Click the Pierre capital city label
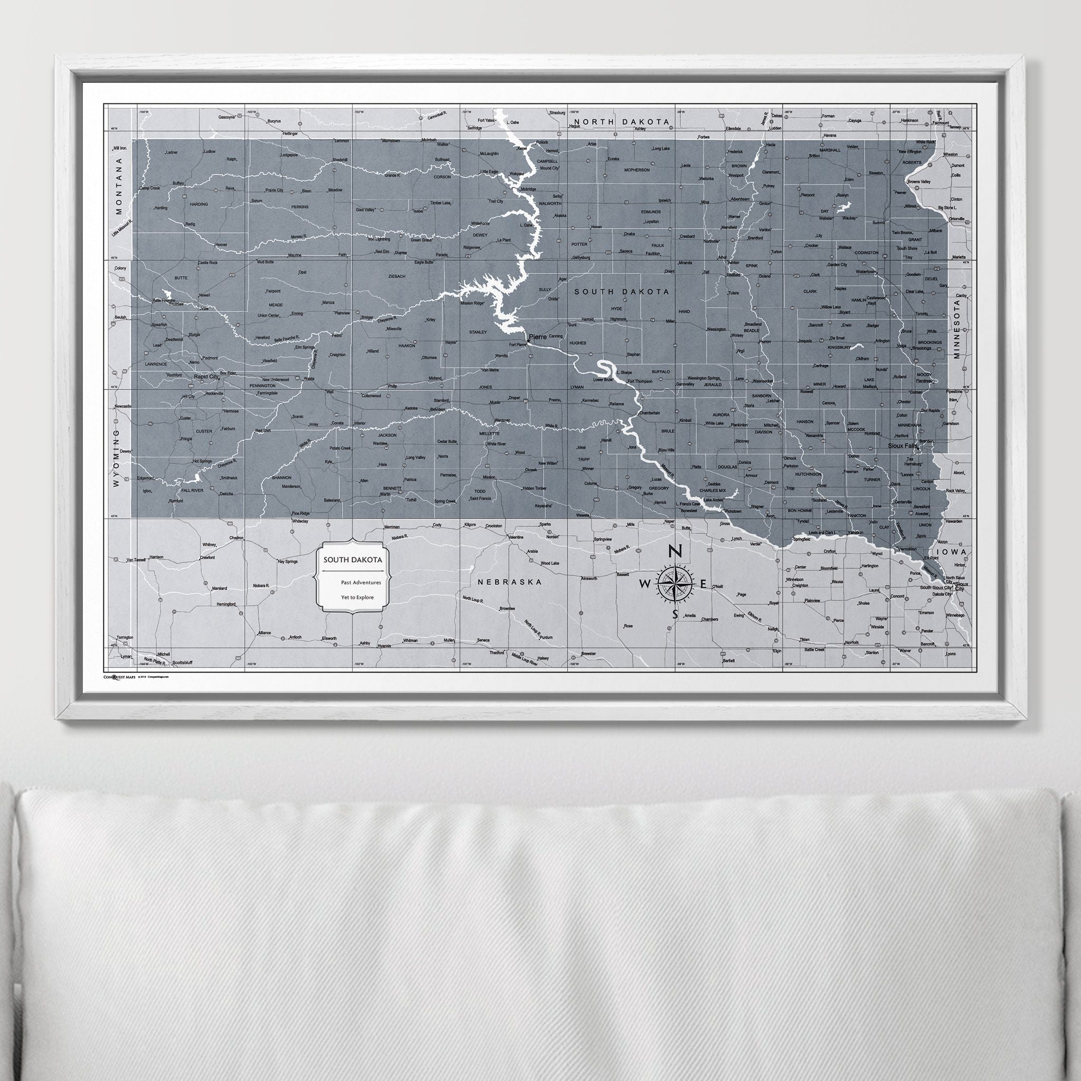pos(538,337)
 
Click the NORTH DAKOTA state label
pos(613,121)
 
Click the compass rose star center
pos(675,584)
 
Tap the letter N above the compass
pos(675,552)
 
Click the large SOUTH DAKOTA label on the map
pos(621,291)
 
